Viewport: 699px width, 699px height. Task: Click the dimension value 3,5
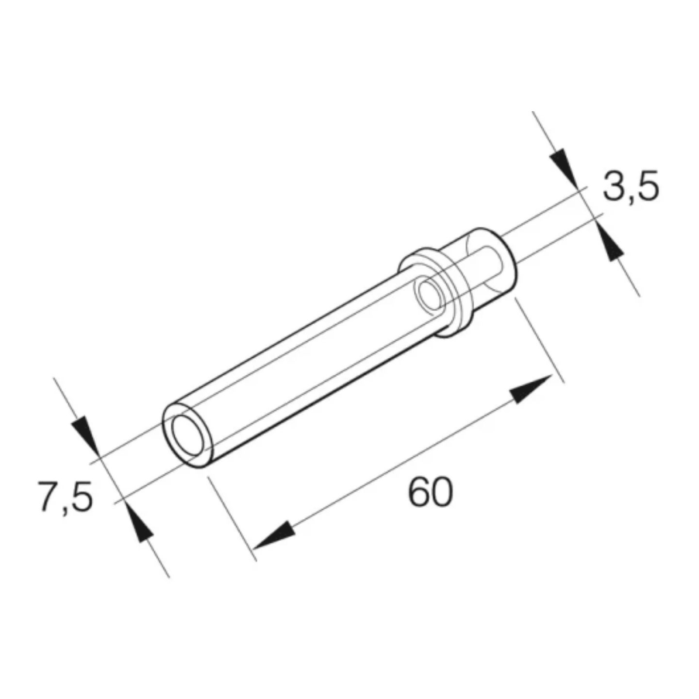pyautogui.click(x=631, y=187)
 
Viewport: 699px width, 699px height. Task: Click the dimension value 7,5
pyautogui.click(x=65, y=496)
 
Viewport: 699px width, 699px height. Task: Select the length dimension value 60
pyautogui.click(x=430, y=493)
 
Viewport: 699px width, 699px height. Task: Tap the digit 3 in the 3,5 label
pyautogui.click(x=614, y=187)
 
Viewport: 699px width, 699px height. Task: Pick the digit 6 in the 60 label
pyautogui.click(x=419, y=493)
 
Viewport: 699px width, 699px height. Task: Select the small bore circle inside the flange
pyautogui.click(x=430, y=296)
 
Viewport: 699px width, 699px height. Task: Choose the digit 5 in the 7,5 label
pyautogui.click(x=80, y=496)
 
